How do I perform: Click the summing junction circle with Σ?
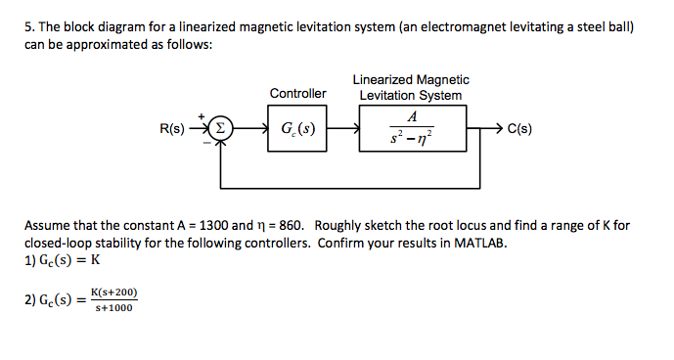(x=222, y=128)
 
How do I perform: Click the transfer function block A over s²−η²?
(x=411, y=128)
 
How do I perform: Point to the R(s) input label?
(x=172, y=128)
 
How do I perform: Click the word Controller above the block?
(x=297, y=94)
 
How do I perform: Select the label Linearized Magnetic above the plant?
(x=411, y=79)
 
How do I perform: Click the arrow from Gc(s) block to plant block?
(x=343, y=128)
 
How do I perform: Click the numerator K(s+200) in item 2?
(x=113, y=292)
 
